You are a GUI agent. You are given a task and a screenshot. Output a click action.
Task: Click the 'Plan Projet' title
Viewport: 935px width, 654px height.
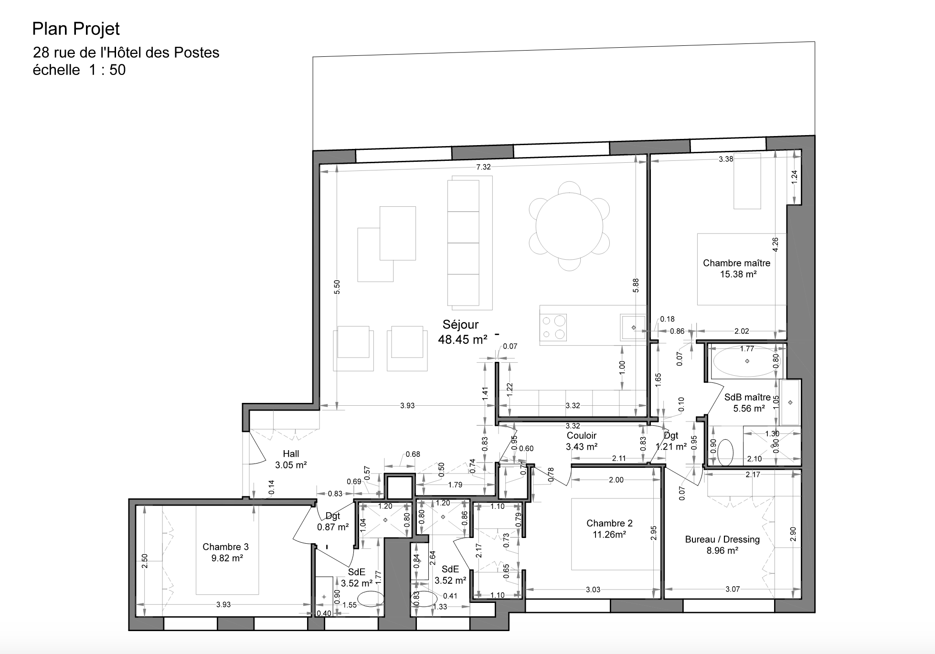click(x=76, y=29)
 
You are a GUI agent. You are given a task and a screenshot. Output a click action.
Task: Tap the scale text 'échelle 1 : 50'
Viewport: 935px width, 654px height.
click(x=79, y=70)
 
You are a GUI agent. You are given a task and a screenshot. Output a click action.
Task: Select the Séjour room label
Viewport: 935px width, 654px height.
click(x=460, y=325)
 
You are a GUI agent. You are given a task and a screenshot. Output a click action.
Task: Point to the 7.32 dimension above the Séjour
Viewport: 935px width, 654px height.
click(x=483, y=167)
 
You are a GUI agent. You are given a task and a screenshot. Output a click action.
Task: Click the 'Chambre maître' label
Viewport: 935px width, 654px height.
click(x=736, y=263)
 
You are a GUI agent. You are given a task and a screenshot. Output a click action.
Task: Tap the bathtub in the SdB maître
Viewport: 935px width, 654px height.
click(x=747, y=361)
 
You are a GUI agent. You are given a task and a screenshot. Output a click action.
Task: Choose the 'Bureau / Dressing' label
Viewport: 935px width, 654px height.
click(x=722, y=539)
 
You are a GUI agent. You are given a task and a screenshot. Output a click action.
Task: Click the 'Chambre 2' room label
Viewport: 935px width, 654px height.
click(x=609, y=524)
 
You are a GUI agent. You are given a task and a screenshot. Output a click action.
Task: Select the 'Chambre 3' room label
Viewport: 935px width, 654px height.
click(x=225, y=547)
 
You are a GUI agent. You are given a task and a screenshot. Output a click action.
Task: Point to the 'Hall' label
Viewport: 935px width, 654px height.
click(x=291, y=454)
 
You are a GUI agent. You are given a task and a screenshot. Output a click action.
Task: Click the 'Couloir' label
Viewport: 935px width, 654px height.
click(x=582, y=435)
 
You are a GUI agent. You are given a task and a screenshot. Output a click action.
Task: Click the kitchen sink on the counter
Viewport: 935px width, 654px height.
click(x=633, y=327)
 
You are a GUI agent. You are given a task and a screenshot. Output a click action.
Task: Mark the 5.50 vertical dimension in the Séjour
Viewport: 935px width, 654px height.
click(x=337, y=286)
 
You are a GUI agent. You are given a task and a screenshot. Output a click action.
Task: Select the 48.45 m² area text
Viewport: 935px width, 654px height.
click(x=463, y=339)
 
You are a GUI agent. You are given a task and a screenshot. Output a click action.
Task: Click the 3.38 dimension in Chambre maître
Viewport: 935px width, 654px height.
click(x=726, y=159)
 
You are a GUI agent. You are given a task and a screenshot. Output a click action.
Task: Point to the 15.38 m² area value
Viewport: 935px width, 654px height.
click(x=738, y=274)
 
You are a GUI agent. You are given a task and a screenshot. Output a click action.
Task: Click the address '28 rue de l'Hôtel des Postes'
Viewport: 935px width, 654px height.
click(x=126, y=53)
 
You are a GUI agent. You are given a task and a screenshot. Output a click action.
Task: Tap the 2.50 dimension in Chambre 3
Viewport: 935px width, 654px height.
click(x=145, y=561)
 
